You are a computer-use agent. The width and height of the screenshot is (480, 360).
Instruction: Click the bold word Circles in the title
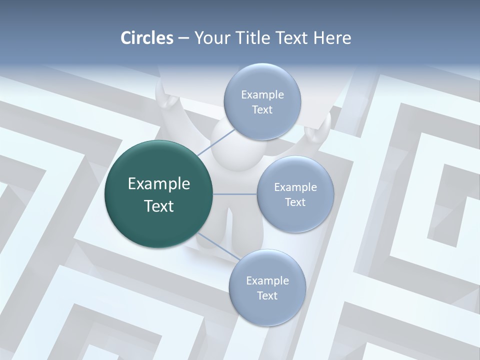tap(147, 38)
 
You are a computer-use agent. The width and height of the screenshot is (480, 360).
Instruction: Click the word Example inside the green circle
tap(159, 184)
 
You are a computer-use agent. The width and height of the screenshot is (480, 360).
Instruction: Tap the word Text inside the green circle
tap(159, 206)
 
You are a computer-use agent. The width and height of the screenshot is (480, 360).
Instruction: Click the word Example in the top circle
tap(262, 94)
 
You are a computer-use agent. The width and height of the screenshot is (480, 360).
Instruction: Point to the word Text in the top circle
tap(262, 109)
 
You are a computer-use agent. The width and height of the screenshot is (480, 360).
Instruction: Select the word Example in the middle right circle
tap(295, 187)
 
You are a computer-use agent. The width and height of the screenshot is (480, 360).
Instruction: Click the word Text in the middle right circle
tap(295, 202)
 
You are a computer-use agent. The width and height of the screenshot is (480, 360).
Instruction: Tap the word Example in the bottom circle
tap(267, 280)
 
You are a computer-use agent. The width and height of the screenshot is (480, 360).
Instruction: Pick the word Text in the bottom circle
tap(267, 295)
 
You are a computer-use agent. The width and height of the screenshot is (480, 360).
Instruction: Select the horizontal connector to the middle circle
tap(235, 194)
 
